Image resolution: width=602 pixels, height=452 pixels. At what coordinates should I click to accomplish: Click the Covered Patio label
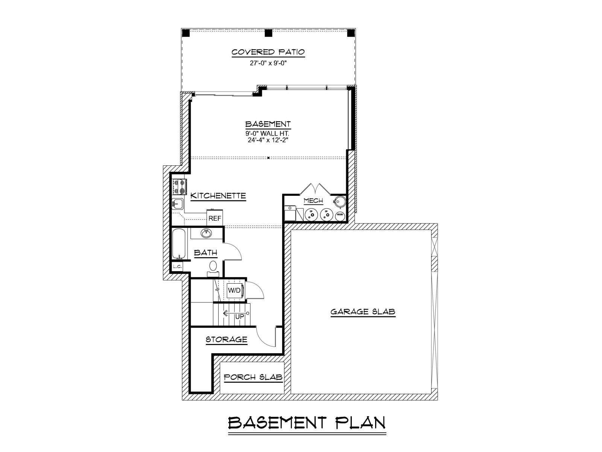click(x=268, y=52)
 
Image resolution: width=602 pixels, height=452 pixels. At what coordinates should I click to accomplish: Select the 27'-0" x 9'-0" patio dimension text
click(x=268, y=63)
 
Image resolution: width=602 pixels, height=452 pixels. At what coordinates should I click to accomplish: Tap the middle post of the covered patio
click(x=268, y=33)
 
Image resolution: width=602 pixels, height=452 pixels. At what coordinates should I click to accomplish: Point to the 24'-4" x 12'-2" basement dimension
click(x=268, y=140)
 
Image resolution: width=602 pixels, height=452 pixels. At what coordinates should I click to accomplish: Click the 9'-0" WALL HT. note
click(x=268, y=134)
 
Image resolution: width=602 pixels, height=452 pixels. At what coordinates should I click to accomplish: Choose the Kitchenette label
click(x=218, y=196)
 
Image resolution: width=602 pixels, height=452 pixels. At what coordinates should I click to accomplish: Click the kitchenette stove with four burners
click(x=179, y=186)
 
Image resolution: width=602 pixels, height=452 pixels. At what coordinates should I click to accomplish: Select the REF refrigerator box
click(x=215, y=218)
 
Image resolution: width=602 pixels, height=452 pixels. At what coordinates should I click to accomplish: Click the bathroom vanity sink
click(x=206, y=234)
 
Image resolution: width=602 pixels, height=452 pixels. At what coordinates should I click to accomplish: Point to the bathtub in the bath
click(x=179, y=244)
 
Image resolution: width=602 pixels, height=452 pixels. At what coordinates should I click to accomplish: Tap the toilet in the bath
click(x=213, y=269)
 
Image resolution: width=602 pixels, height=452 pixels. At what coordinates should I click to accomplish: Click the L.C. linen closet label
click(x=177, y=266)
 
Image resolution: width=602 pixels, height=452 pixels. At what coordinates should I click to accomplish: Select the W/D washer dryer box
click(x=234, y=290)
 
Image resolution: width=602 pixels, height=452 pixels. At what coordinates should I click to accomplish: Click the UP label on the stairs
click(x=239, y=317)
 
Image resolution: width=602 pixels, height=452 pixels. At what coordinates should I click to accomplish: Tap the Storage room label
click(x=227, y=340)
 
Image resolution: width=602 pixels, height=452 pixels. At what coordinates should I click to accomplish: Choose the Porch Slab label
click(x=253, y=377)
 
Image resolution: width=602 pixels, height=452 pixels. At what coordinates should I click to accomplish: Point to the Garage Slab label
click(x=363, y=312)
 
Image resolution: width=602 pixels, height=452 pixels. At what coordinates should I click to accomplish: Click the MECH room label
click(x=313, y=201)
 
